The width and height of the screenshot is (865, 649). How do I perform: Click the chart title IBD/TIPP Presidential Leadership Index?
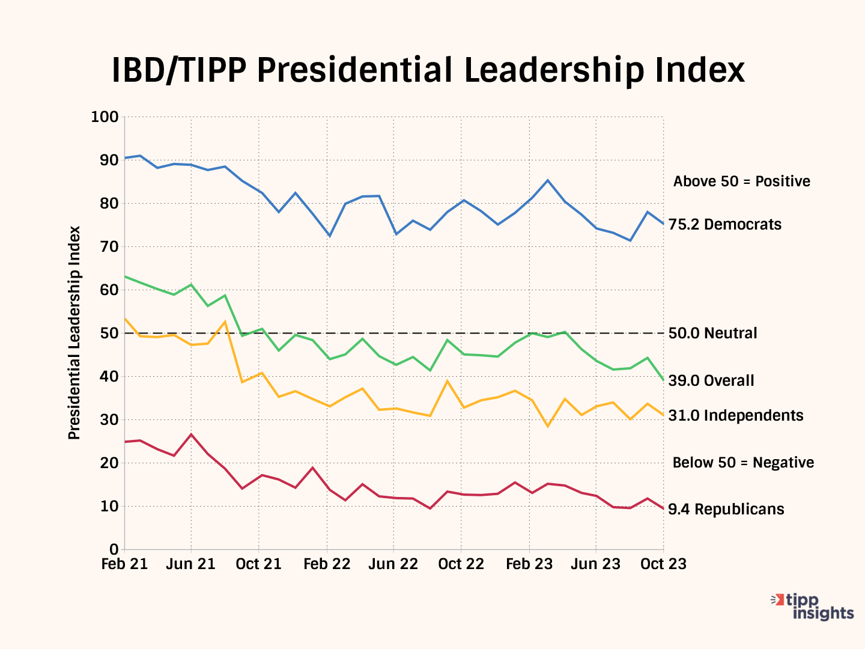[428, 70]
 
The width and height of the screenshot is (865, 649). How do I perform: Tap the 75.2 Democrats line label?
[725, 225]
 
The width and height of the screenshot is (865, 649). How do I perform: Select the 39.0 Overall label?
[711, 380]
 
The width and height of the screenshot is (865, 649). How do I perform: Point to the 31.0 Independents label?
[736, 415]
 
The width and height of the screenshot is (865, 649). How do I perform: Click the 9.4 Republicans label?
[726, 509]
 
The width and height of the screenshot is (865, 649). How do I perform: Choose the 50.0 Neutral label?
[713, 333]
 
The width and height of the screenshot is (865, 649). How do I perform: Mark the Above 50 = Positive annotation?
[741, 181]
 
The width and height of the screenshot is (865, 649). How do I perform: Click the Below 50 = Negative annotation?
[743, 462]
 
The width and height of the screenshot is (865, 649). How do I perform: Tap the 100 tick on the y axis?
[105, 117]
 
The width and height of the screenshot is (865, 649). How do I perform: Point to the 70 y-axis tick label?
[109, 246]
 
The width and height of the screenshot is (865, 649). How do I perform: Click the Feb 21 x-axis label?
[124, 564]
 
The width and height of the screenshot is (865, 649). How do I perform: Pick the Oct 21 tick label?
[259, 564]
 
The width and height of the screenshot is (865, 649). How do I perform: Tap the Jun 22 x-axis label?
[393, 564]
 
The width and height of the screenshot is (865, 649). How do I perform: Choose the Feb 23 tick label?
[529, 564]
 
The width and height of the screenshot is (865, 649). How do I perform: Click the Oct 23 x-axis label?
[663, 564]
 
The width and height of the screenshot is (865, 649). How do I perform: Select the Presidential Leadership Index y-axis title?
[74, 333]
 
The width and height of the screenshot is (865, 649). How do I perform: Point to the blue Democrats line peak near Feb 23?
[547, 180]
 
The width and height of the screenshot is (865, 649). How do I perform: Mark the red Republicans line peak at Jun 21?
[191, 434]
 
